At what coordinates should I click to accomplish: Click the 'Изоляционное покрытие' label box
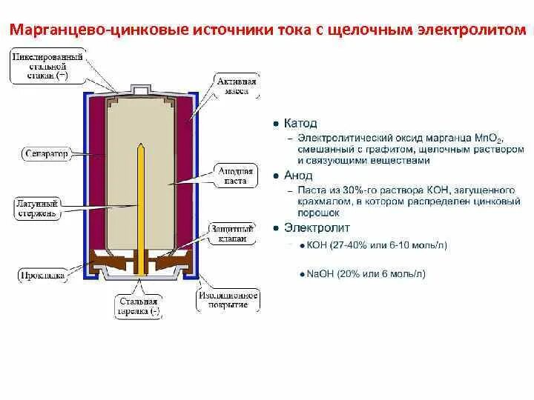pyautogui.click(x=228, y=300)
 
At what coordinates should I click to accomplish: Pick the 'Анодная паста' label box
pyautogui.click(x=236, y=176)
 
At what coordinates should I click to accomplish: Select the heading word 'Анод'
pyautogui.click(x=298, y=176)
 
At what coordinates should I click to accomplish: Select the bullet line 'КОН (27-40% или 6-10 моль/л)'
pyautogui.click(x=377, y=246)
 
